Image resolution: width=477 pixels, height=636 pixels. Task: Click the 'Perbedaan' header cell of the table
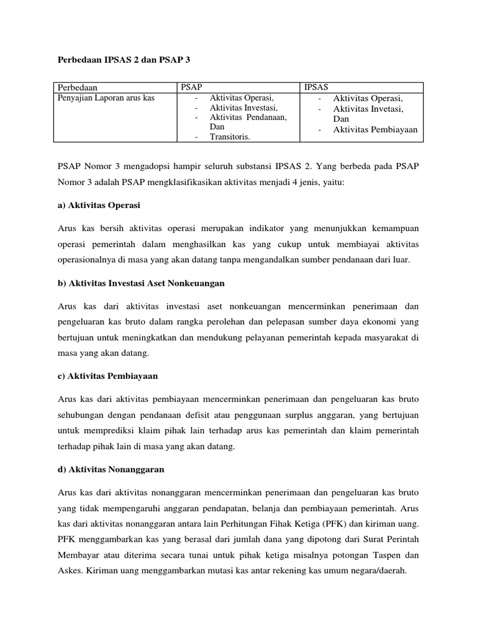(x=78, y=88)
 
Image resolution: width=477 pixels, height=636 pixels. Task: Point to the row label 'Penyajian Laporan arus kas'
(x=106, y=98)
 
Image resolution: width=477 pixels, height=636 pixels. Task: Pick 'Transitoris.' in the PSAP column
(x=230, y=137)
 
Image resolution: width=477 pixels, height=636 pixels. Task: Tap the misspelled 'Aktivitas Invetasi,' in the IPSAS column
(x=368, y=109)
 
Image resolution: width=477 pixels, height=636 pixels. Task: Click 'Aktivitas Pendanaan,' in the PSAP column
(x=248, y=117)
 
